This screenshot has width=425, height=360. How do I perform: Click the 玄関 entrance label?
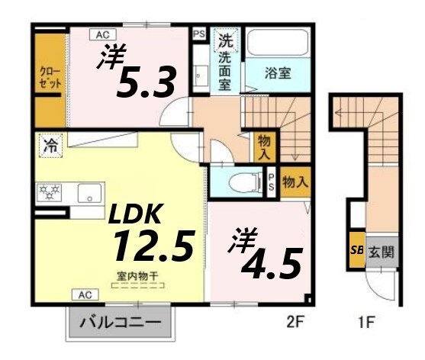pyautogui.click(x=382, y=252)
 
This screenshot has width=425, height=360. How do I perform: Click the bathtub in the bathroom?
pyautogui.click(x=277, y=44)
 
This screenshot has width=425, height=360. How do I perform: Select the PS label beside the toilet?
pyautogui.click(x=272, y=181)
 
